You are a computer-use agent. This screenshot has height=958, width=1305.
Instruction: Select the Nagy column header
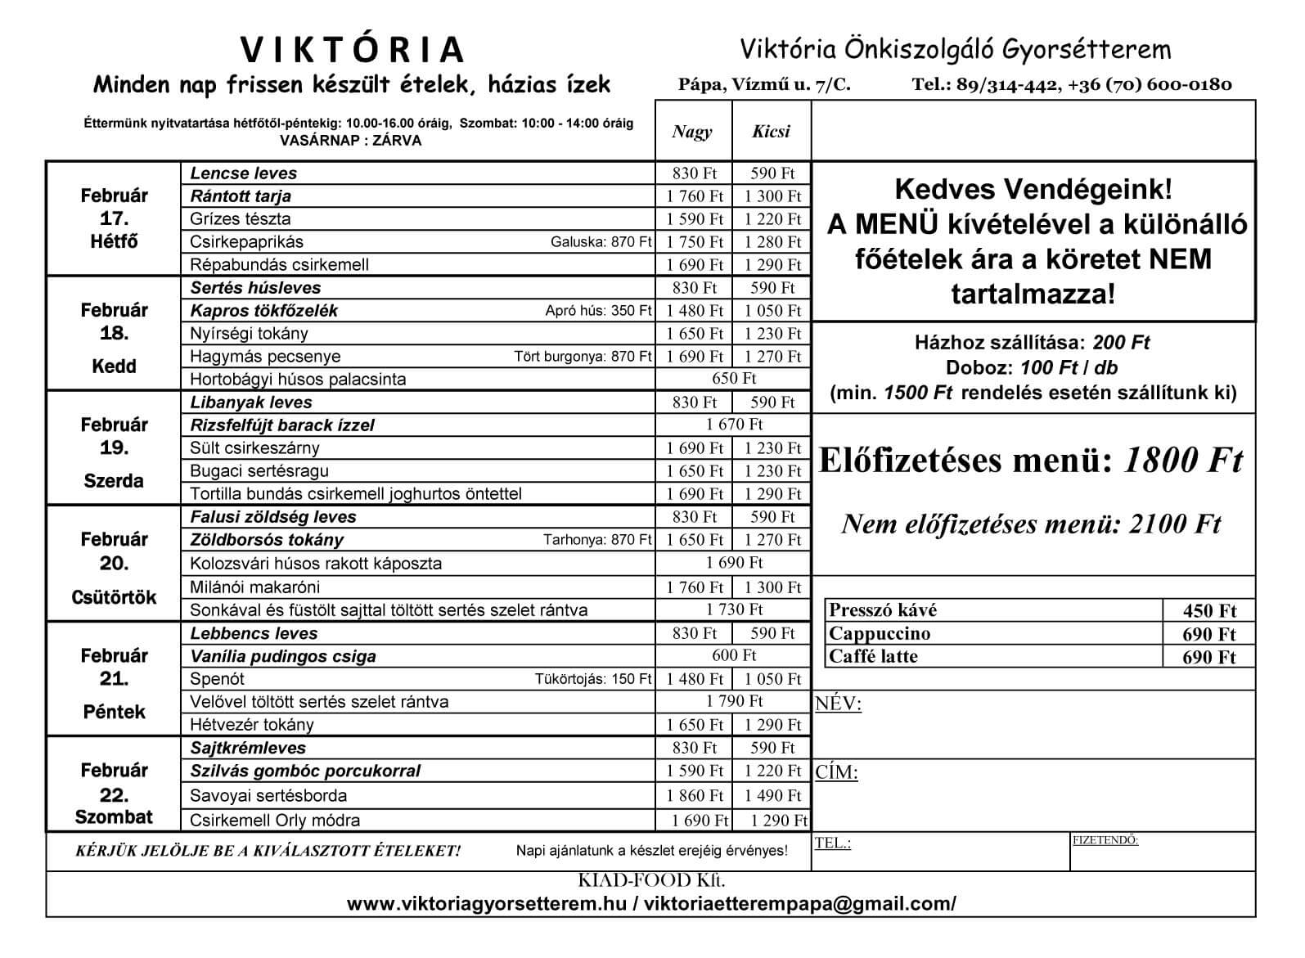(692, 132)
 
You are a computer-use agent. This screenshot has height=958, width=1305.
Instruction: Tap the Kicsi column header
(771, 132)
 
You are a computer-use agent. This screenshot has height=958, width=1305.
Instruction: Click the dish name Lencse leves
(244, 173)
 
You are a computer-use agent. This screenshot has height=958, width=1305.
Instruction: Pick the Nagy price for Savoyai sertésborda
(695, 795)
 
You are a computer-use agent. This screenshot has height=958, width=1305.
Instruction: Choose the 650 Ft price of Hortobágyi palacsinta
(734, 378)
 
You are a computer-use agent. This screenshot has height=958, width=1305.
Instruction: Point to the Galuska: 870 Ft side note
(601, 242)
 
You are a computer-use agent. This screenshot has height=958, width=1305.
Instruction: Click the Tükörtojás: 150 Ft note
(593, 679)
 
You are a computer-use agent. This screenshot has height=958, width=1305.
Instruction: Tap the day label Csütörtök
(114, 597)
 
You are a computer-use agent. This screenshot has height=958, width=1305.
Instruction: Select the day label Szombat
(114, 816)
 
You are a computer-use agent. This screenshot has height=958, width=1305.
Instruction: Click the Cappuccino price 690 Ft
(1208, 634)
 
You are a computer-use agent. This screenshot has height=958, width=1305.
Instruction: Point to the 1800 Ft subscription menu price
(1183, 461)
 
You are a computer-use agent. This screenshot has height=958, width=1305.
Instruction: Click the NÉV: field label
(838, 704)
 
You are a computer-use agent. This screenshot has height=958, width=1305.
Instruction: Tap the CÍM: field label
(836, 773)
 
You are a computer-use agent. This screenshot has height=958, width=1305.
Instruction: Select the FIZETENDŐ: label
(1105, 840)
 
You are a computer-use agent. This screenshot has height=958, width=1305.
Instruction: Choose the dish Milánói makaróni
(255, 587)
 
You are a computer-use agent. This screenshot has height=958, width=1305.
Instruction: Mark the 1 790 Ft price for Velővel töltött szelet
(734, 701)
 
